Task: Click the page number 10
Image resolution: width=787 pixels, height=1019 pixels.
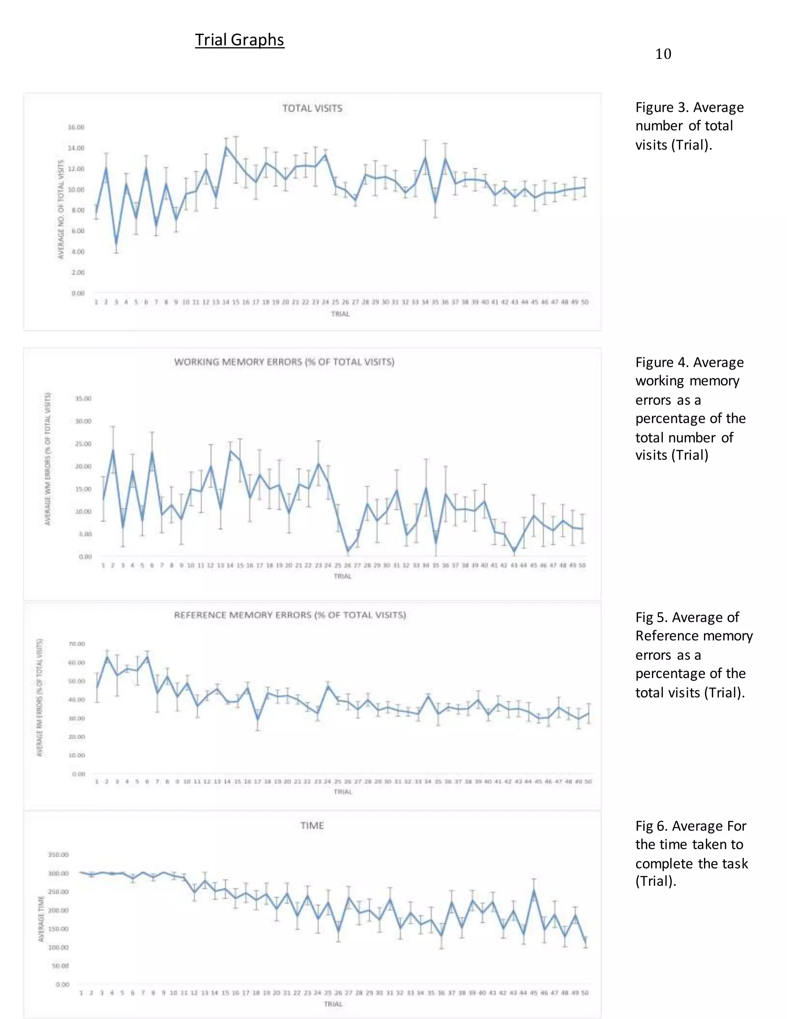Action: coord(662,54)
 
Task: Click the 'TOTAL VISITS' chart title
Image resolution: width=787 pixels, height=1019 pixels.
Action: coord(312,108)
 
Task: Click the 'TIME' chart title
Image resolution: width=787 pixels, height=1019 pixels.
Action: coord(312,825)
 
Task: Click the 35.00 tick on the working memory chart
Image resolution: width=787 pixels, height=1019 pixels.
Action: coord(84,398)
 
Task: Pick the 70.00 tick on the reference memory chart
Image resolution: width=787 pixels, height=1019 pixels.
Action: coord(77,644)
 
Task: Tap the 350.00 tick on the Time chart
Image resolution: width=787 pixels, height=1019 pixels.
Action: coord(58,855)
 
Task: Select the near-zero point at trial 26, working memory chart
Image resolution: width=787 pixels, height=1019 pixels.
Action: coord(347,551)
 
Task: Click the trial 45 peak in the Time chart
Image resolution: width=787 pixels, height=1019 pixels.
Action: coord(534,890)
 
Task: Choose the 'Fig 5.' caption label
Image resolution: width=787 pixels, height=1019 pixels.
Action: coord(651,617)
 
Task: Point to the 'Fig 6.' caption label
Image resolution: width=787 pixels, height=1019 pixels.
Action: coord(651,826)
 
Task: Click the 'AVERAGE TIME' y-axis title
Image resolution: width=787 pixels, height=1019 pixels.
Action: coord(41,918)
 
